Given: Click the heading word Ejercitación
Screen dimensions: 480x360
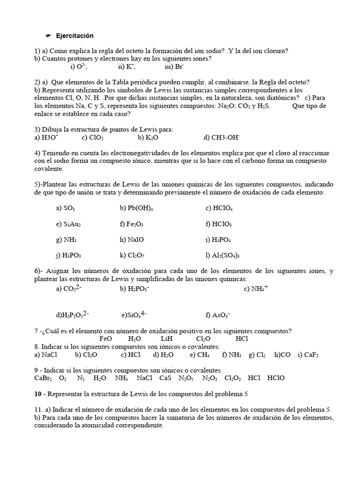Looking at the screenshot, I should coord(75,36).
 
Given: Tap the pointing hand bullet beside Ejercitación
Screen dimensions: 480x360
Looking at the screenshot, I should coord(48,36).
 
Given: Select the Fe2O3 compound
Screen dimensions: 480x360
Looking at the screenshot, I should coord(135,224).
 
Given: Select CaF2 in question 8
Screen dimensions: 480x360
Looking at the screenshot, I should coord(311,355).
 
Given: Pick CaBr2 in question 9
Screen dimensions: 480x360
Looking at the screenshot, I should coord(43,378).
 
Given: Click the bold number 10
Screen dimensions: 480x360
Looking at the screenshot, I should coord(38,393).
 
